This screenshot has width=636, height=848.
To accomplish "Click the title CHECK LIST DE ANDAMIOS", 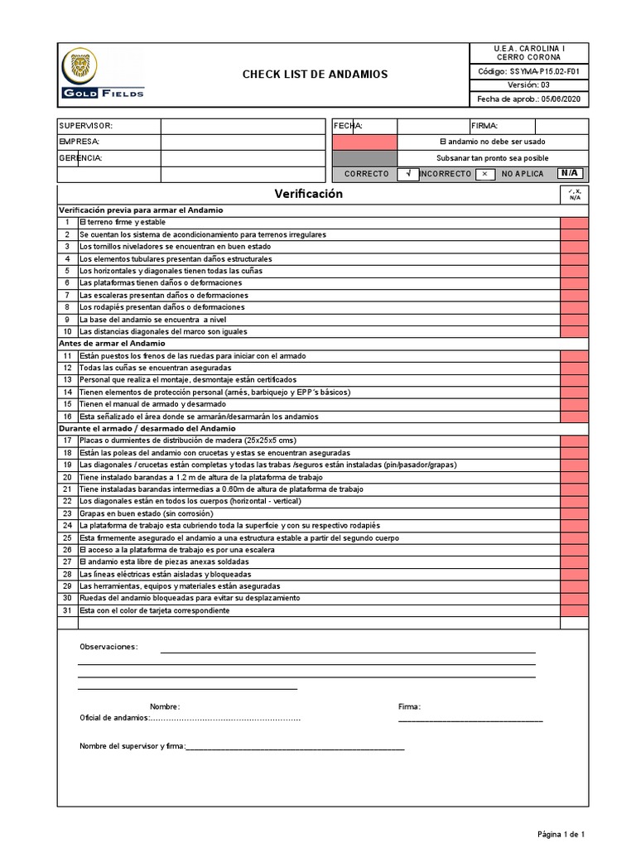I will (x=315, y=75).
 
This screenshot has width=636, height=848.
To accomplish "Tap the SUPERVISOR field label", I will (x=85, y=126).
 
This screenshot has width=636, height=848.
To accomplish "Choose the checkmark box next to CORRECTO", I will (x=407, y=174).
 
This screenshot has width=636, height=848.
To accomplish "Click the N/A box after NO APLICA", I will (x=569, y=174).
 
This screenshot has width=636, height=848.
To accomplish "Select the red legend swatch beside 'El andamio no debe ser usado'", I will (x=364, y=142).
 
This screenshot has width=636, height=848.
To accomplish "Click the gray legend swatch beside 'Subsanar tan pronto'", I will (x=364, y=157).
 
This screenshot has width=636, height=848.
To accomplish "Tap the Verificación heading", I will (x=308, y=194).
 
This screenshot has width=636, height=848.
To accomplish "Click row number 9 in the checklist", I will (x=67, y=320).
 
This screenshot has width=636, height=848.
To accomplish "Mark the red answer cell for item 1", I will (x=574, y=223).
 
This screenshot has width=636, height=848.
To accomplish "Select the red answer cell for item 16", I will (x=574, y=417).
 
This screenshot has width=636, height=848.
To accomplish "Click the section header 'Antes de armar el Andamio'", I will (x=112, y=343).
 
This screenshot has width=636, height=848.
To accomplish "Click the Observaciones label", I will (x=108, y=647).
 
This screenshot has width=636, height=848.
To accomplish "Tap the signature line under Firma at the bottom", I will (x=470, y=720).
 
